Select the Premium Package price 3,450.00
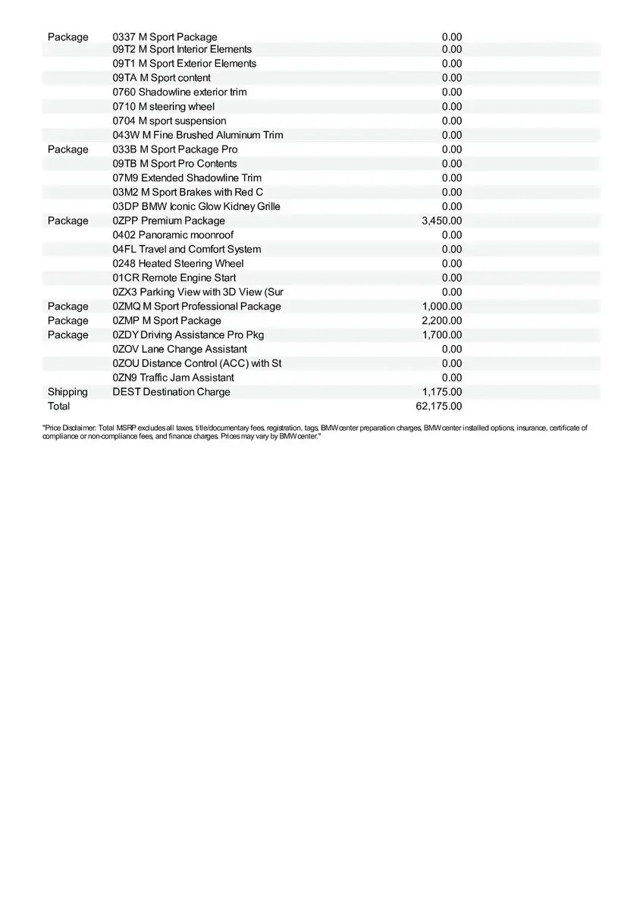441,221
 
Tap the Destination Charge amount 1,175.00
441,392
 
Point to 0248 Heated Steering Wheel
178,264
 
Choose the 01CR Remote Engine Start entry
174,278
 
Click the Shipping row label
67,392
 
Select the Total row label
58,406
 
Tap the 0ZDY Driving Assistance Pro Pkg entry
188,334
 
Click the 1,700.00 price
441,334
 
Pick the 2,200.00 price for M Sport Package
441,321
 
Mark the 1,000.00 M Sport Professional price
441,306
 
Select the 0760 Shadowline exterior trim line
180,92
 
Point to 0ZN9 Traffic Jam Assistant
173,378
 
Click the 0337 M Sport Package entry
165,37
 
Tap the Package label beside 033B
67,149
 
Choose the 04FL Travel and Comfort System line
187,249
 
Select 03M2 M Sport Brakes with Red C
188,193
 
